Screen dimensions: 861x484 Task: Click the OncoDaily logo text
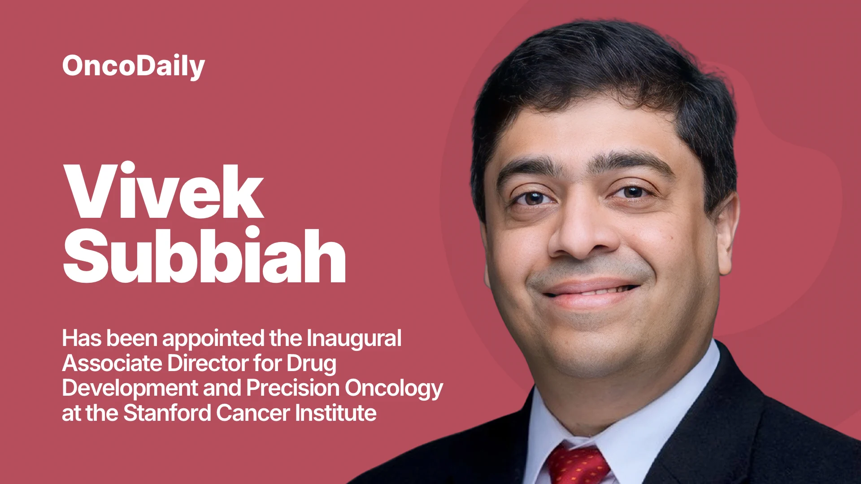(134, 66)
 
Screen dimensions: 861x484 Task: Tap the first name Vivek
(163, 191)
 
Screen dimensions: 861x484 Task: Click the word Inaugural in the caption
(354, 339)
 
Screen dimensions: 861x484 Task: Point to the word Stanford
(167, 413)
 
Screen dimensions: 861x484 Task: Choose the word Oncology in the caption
(394, 389)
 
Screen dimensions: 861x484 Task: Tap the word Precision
(293, 388)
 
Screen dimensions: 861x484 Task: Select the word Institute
(336, 413)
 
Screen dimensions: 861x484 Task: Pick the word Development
(130, 389)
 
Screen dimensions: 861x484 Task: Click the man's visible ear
(725, 233)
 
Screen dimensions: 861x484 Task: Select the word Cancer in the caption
(253, 413)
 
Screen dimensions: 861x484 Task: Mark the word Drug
(311, 364)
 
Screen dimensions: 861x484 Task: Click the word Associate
(113, 363)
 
